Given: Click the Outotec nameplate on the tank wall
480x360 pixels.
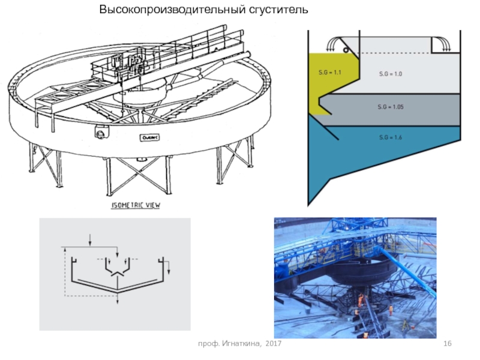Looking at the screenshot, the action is (148, 137).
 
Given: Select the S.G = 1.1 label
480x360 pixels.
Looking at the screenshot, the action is (330, 73).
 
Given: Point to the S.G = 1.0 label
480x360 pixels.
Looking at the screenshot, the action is (390, 74).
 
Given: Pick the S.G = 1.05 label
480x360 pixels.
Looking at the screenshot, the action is (390, 106).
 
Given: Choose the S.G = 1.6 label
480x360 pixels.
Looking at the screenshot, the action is (390, 138).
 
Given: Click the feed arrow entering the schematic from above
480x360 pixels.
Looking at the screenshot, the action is (89, 239).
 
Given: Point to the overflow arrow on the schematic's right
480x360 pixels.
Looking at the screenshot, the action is (169, 268).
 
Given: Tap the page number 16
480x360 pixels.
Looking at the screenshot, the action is (446, 342).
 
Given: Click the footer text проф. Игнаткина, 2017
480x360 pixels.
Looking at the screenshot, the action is (240, 342).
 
